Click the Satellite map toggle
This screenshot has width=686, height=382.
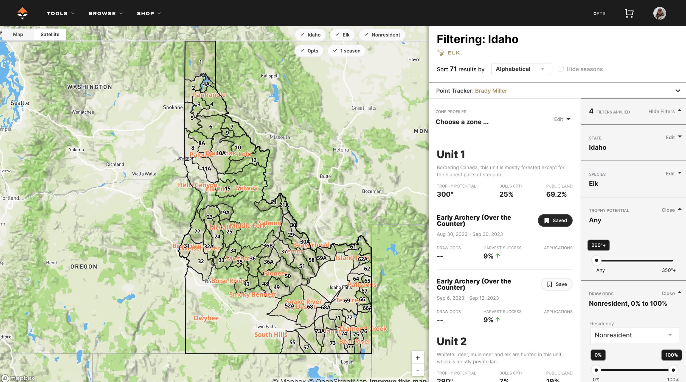tap(50, 34)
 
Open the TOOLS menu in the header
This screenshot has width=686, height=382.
tap(60, 13)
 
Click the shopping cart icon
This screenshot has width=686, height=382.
tap(629, 13)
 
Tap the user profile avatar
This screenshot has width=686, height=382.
tap(659, 13)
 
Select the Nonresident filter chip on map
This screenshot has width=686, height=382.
tap(382, 35)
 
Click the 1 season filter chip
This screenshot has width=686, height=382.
tap(347, 51)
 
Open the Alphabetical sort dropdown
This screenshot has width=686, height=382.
tap(521, 69)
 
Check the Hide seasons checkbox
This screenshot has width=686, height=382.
tap(561, 69)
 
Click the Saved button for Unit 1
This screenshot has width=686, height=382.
tap(555, 221)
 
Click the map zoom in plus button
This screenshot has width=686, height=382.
tap(417, 358)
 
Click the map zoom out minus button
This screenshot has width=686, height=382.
tap(417, 370)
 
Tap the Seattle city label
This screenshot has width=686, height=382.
tap(20, 103)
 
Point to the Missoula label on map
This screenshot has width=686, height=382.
tap(279, 137)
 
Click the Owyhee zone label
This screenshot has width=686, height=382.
tap(206, 318)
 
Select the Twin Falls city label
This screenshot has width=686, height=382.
tap(265, 327)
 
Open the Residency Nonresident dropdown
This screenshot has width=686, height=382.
tap(634, 335)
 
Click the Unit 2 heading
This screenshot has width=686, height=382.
tap(451, 341)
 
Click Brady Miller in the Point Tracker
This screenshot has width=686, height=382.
tap(491, 91)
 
